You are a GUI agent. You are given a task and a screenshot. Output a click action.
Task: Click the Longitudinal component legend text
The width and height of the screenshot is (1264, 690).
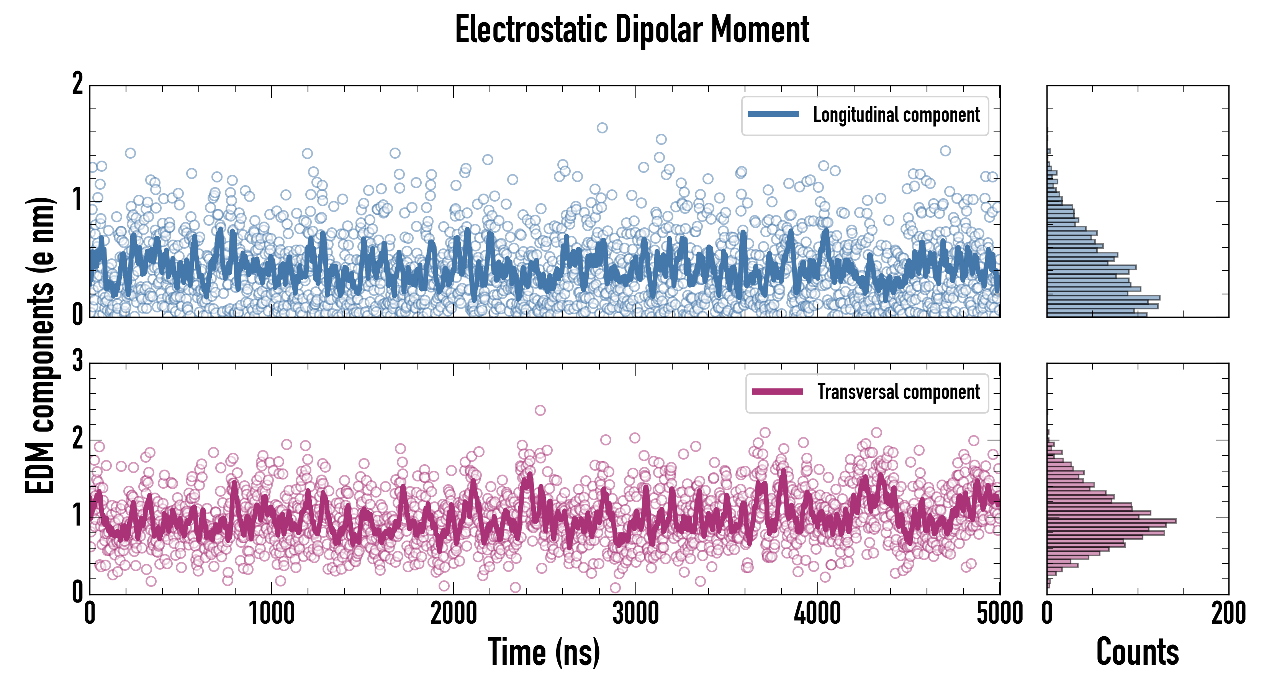click(896, 115)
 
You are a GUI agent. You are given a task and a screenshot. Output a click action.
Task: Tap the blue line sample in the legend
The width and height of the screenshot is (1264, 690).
click(773, 115)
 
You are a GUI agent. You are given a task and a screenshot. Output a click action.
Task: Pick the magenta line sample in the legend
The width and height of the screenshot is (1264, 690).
click(777, 391)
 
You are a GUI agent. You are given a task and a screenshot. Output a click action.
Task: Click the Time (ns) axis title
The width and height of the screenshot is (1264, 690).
click(544, 652)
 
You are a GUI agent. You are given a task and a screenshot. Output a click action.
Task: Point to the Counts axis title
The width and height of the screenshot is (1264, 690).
click(1137, 652)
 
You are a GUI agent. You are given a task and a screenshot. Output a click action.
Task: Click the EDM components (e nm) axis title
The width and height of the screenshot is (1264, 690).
click(40, 345)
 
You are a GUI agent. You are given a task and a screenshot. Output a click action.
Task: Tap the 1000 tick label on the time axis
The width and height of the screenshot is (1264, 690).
click(271, 614)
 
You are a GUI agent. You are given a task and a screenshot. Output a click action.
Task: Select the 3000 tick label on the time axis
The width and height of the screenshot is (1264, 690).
click(635, 614)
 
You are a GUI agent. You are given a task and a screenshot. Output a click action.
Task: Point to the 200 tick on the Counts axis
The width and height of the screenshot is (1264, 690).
click(1228, 614)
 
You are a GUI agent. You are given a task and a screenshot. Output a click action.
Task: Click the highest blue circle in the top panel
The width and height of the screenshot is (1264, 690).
click(602, 128)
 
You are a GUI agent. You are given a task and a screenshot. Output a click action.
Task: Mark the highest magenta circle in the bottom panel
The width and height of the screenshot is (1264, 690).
click(540, 410)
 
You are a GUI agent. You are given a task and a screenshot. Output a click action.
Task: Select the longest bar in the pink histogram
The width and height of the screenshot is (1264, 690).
click(1112, 521)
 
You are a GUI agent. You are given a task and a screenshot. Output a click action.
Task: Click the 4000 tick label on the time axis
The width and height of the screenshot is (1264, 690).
click(817, 614)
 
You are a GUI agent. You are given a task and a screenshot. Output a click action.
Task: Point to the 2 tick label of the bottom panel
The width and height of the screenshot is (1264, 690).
click(77, 438)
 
